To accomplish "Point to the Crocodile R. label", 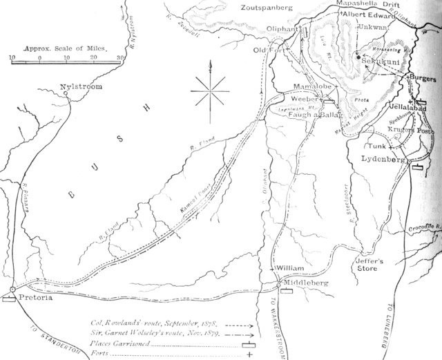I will (x=422, y=227).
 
